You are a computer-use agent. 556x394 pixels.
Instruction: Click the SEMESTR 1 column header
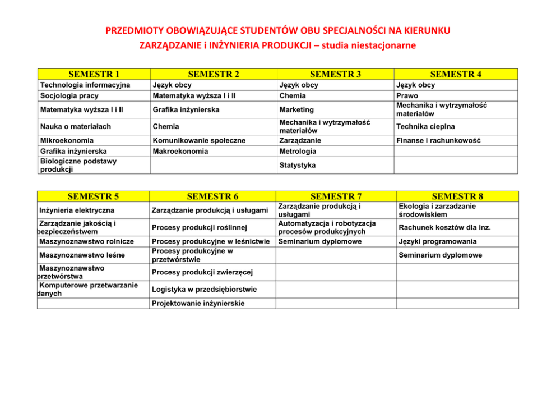(94, 74)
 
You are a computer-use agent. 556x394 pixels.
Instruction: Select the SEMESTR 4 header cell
(457, 74)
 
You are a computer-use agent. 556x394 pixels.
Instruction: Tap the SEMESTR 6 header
(212, 196)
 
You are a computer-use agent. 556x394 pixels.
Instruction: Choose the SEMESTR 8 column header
(457, 196)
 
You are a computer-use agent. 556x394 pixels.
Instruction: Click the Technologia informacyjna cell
(85, 85)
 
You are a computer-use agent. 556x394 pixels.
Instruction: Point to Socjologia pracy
(69, 95)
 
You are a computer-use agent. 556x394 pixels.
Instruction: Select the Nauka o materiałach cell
(76, 126)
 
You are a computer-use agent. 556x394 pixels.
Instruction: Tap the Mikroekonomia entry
(67, 140)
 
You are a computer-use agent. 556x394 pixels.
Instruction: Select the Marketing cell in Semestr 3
(296, 109)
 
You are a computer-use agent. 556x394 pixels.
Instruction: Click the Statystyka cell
(297, 166)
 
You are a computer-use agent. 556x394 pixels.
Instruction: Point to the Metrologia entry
(298, 151)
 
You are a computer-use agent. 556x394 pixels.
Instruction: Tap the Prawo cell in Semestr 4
(407, 95)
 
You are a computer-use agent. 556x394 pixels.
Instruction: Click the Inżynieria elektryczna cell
(77, 210)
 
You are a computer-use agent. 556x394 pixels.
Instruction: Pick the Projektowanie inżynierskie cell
(198, 303)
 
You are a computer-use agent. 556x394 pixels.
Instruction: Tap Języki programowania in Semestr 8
(438, 241)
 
